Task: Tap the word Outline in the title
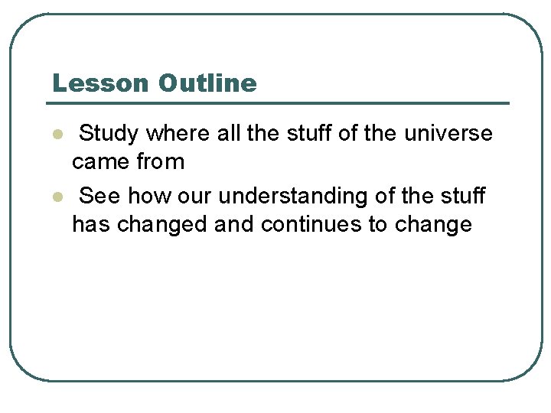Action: pyautogui.click(x=207, y=83)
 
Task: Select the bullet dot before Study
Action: pyautogui.click(x=56, y=135)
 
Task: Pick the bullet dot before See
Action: pyautogui.click(x=56, y=197)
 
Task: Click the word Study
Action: pyautogui.click(x=109, y=134)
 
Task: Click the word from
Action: pyautogui.click(x=161, y=162)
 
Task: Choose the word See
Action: pyautogui.click(x=99, y=197)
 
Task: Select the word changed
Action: pyautogui.click(x=161, y=225)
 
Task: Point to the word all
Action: pyautogui.click(x=229, y=134)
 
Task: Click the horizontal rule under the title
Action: pyautogui.click(x=279, y=103)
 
